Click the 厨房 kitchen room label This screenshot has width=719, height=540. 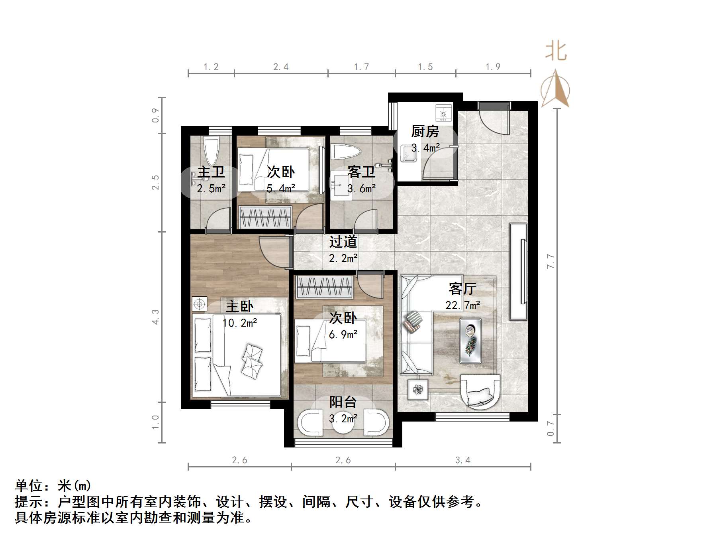425,131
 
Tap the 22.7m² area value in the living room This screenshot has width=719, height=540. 462,305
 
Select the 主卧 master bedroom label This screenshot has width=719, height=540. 239,306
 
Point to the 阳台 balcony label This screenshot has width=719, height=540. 343,402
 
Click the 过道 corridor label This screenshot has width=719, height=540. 343,242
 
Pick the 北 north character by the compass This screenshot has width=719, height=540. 556,52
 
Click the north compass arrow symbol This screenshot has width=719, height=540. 555,89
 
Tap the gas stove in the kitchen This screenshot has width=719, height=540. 443,112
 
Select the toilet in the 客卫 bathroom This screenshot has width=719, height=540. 345,152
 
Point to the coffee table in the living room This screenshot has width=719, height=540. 470,340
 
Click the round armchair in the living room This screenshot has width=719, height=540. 480,391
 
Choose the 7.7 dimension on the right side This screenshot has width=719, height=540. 550,261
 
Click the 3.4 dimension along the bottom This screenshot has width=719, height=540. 462,460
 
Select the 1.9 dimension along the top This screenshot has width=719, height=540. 493,67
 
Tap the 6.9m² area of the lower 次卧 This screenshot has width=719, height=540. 343,334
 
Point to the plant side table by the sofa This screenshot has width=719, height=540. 418,389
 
